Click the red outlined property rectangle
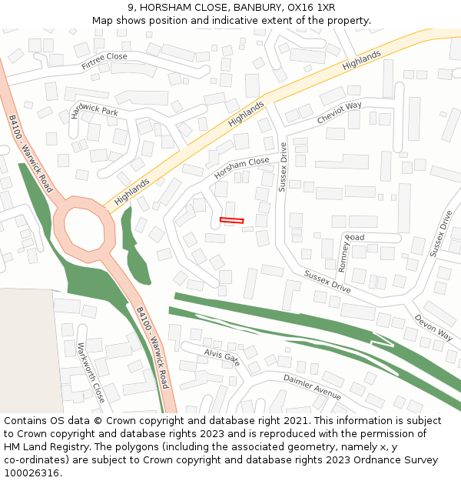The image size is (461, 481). click(231, 221)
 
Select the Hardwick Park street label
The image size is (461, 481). click(94, 111)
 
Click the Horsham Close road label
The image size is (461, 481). click(242, 167)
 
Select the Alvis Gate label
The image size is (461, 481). click(222, 356)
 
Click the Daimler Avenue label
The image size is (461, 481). click(312, 387)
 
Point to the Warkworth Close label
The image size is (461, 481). click(90, 372)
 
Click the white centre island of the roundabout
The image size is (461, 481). click(85, 229)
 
